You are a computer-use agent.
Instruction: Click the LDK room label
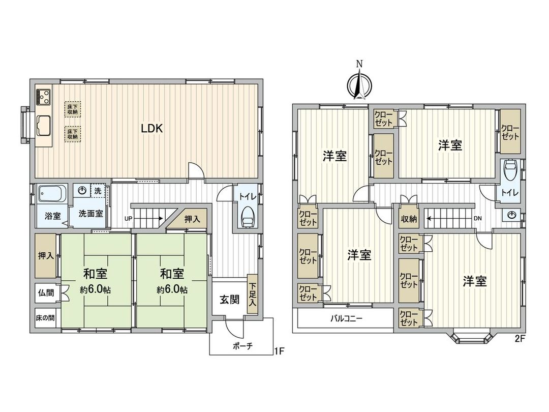point(151,129)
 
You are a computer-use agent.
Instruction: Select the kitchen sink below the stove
point(43,124)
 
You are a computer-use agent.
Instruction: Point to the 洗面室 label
point(91,214)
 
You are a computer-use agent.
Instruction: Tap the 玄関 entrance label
point(229,299)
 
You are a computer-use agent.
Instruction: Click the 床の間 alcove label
point(45,317)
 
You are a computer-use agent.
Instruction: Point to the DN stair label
point(477,219)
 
